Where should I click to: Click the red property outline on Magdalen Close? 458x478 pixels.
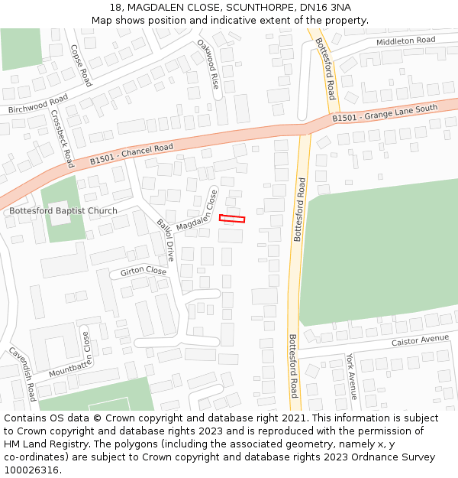pyautogui.click(x=232, y=219)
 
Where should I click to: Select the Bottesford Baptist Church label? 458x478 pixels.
pyautogui.click(x=63, y=210)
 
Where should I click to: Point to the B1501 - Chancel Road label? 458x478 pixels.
pyautogui.click(x=131, y=154)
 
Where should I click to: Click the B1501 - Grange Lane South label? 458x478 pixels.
pyautogui.click(x=385, y=114)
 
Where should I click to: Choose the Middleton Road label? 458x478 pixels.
pyautogui.click(x=405, y=40)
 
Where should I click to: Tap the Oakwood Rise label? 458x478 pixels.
pyautogui.click(x=208, y=64)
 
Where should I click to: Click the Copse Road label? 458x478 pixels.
pyautogui.click(x=80, y=65)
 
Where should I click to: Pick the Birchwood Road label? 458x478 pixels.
pyautogui.click(x=37, y=104)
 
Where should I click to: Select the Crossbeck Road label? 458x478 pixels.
pyautogui.click(x=63, y=138)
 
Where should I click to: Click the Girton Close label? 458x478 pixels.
pyautogui.click(x=143, y=272)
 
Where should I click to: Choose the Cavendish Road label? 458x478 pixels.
pyautogui.click(x=23, y=374)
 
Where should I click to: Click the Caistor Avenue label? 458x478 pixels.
pyautogui.click(x=420, y=340)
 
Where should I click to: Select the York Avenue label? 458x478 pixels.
pyautogui.click(x=351, y=376)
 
